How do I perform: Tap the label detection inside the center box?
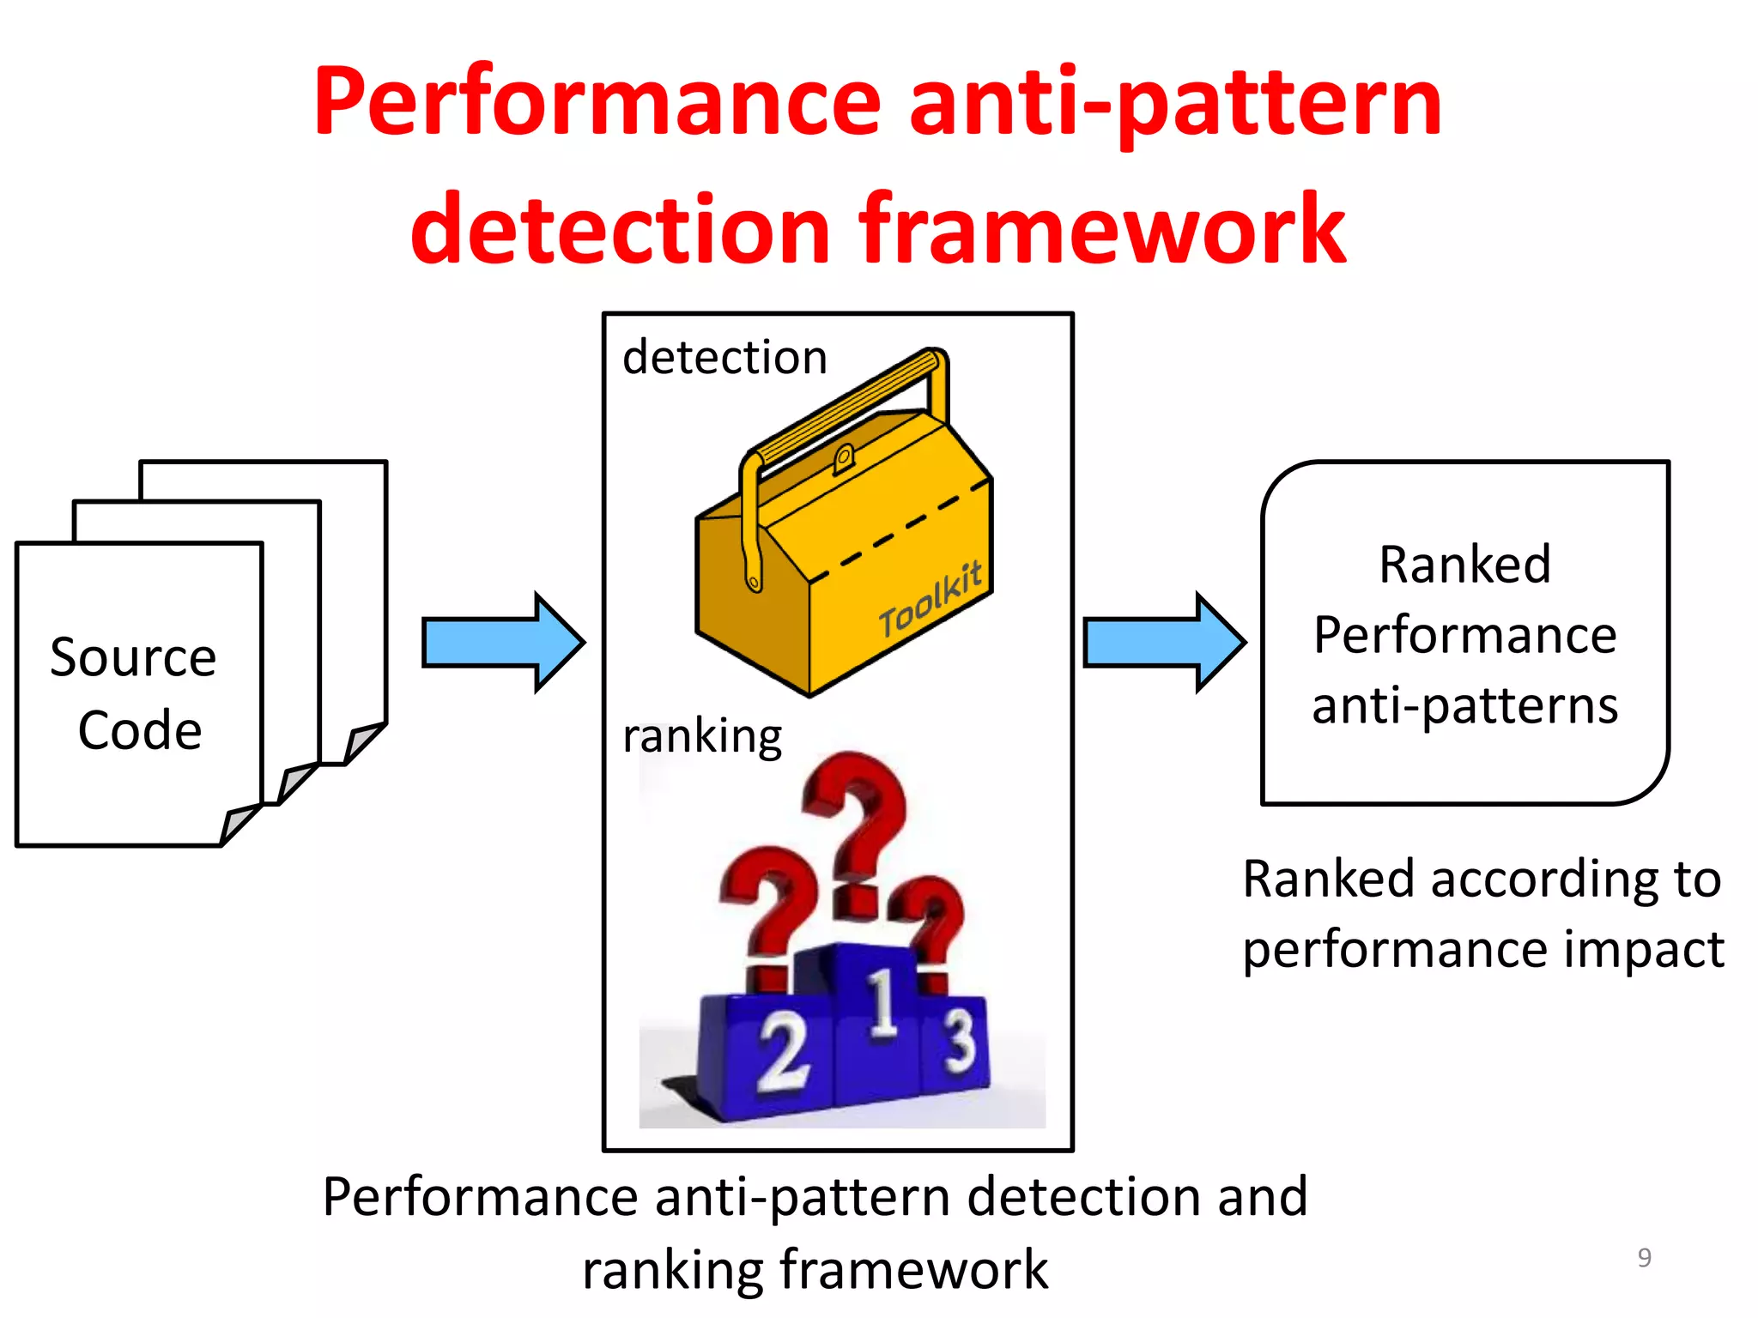coord(724,357)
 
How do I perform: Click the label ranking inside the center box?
coord(701,736)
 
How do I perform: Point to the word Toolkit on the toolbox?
coord(931,598)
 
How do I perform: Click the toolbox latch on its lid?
coord(843,458)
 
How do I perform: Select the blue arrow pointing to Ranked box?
coord(1164,642)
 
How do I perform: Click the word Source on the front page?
coord(133,658)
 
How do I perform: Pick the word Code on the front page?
coord(140,730)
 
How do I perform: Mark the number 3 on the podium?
coord(960,1040)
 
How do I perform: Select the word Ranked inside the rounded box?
coord(1464,565)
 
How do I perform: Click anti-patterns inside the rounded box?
coord(1464,705)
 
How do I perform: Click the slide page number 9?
coord(1644,1257)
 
